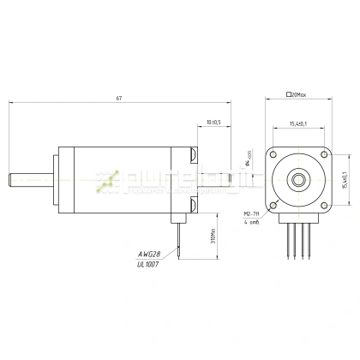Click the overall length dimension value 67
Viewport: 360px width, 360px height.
click(x=119, y=98)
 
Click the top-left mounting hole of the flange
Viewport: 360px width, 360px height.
click(x=277, y=158)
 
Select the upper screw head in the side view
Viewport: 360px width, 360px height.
click(x=194, y=155)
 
